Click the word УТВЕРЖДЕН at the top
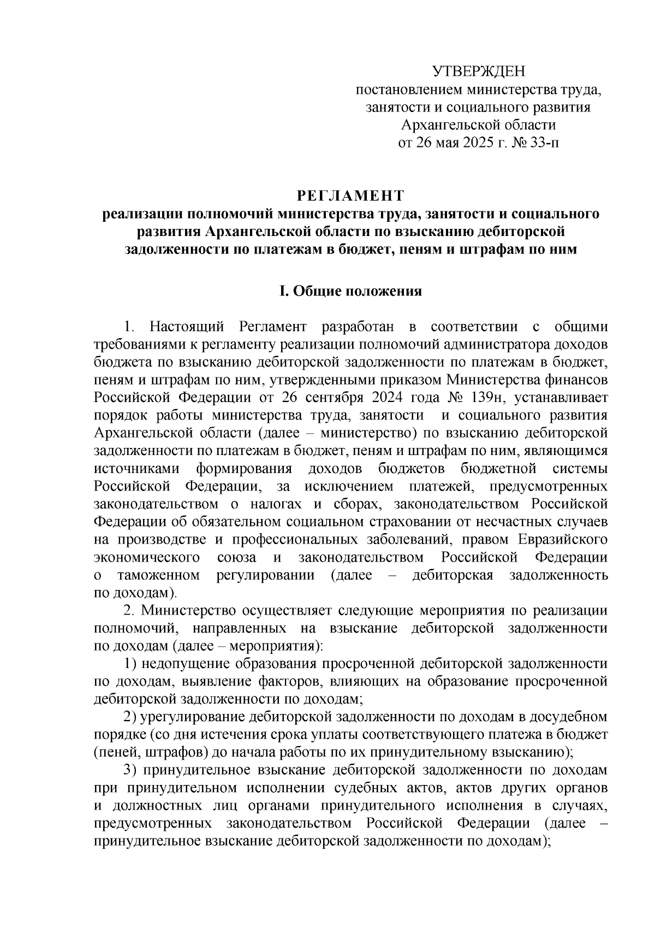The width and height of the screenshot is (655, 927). coord(478,72)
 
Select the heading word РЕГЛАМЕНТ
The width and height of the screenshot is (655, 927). coord(350,196)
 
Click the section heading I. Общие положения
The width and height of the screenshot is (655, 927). coord(350,291)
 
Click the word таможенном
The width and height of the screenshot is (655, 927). coord(158,575)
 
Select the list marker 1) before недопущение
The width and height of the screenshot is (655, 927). coord(130,664)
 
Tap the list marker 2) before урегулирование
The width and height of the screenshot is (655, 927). coord(130,717)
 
